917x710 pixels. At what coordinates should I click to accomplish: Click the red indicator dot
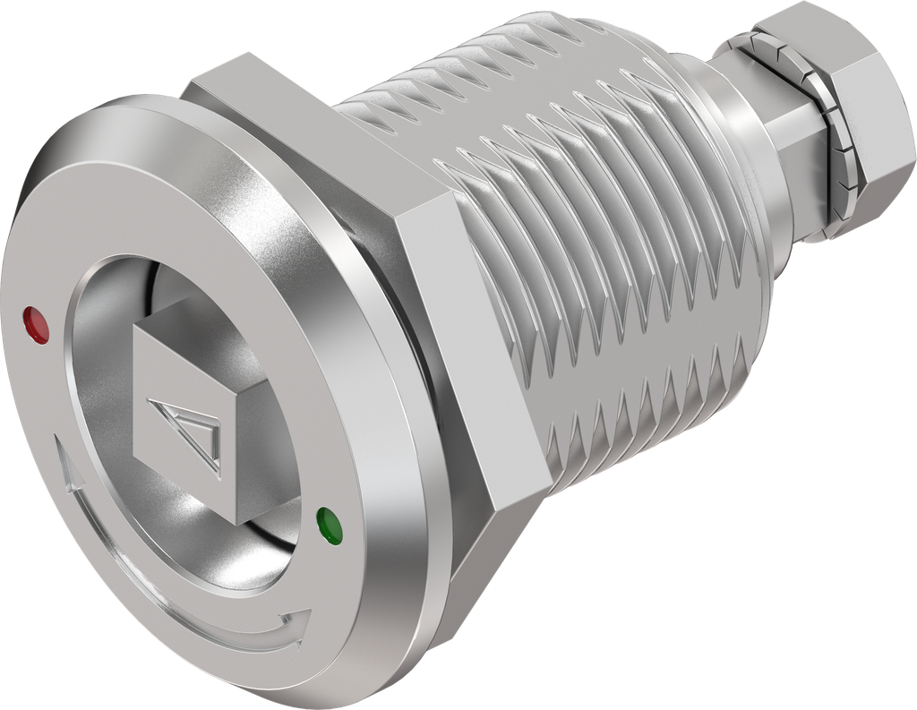37,324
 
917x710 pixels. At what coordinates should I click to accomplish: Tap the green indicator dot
329,526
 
